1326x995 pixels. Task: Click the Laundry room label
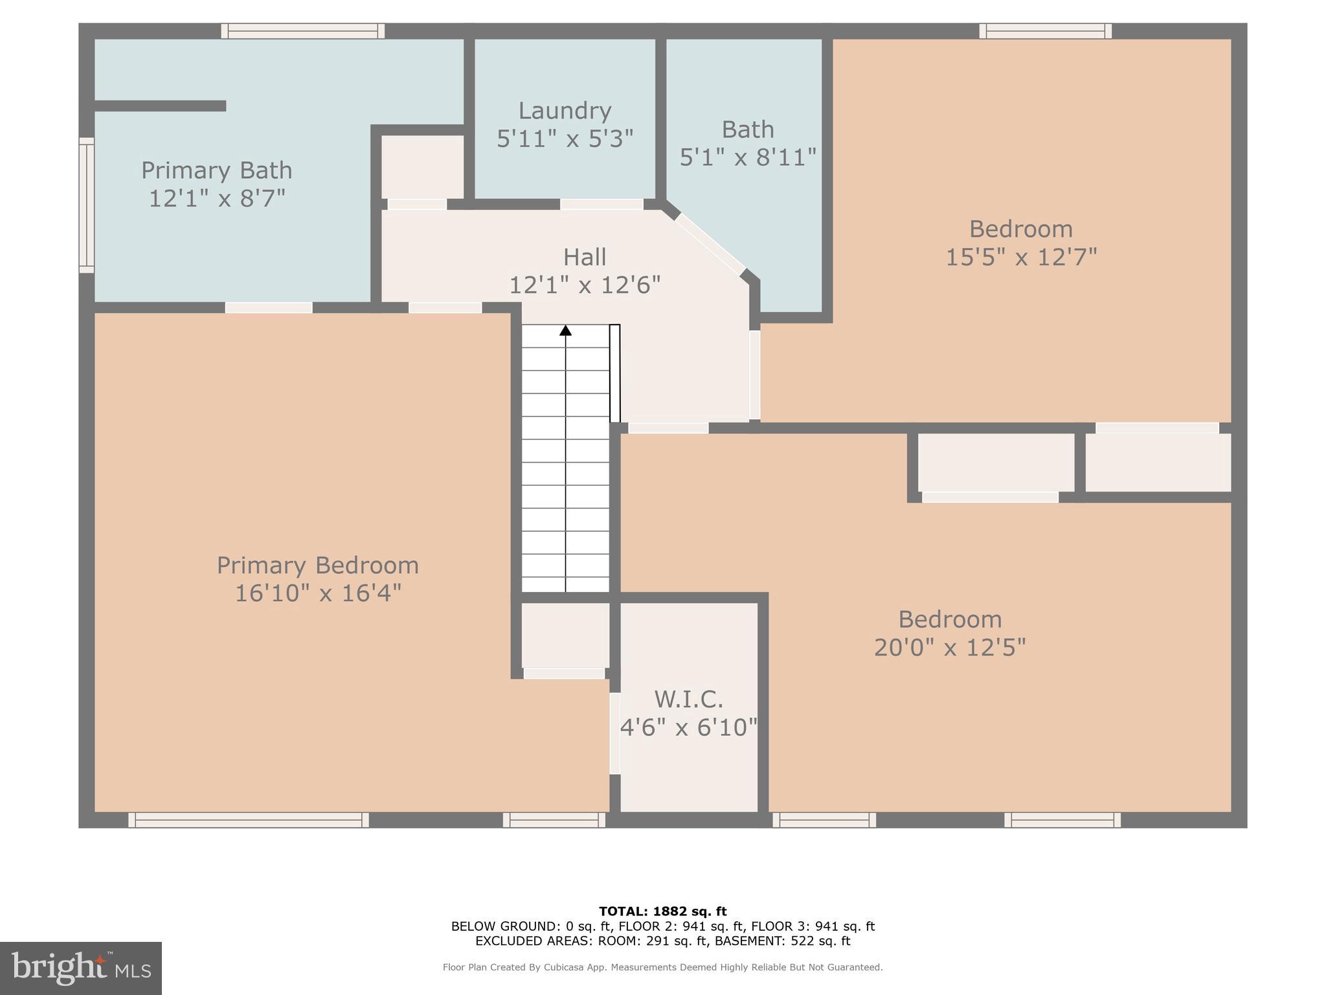pyautogui.click(x=565, y=111)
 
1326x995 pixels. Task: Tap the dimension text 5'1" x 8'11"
pyautogui.click(x=748, y=157)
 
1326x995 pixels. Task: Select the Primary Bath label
pyautogui.click(x=217, y=170)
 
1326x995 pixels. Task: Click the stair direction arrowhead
pyautogui.click(x=565, y=330)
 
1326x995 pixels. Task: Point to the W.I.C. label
pyautogui.click(x=688, y=700)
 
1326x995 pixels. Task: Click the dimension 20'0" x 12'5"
pyautogui.click(x=950, y=647)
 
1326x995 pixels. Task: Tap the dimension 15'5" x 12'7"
pyautogui.click(x=1021, y=257)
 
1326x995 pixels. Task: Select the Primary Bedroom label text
pyautogui.click(x=317, y=566)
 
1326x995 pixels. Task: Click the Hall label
pyautogui.click(x=585, y=257)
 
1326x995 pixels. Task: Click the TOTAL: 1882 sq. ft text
pyautogui.click(x=662, y=911)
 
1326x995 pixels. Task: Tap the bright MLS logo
pyautogui.click(x=81, y=968)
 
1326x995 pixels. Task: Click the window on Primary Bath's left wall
pyautogui.click(x=87, y=205)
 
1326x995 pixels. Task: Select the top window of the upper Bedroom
pyautogui.click(x=1045, y=31)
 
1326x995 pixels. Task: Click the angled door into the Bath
pyautogui.click(x=710, y=244)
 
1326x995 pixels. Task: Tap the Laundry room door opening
pyautogui.click(x=601, y=204)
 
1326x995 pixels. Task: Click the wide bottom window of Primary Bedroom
pyautogui.click(x=249, y=820)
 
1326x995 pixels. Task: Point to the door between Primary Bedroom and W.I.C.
pyautogui.click(x=614, y=733)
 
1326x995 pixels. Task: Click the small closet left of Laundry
pyautogui.click(x=422, y=166)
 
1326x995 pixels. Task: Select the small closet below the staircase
pyautogui.click(x=565, y=635)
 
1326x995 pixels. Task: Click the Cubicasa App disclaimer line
pyautogui.click(x=662, y=967)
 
